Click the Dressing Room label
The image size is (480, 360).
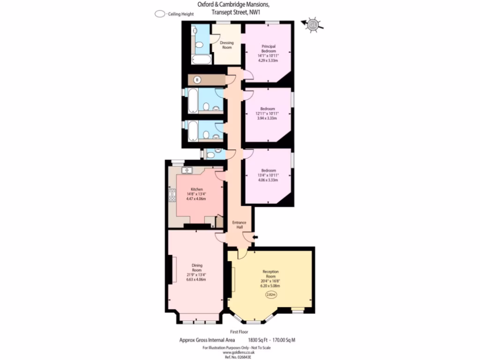point(226,45)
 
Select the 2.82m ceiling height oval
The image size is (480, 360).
point(271,294)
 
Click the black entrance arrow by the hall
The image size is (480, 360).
point(255,238)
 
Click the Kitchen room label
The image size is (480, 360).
point(196,189)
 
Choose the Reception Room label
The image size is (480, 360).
point(271,274)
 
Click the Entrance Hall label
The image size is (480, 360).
point(240,225)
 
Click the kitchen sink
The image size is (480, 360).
point(187,170)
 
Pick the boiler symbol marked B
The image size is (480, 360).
point(197,80)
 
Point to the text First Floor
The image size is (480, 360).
point(240,332)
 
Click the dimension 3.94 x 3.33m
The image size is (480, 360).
point(268,118)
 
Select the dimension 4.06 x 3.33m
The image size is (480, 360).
point(268,180)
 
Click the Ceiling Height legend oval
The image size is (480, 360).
point(160,14)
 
